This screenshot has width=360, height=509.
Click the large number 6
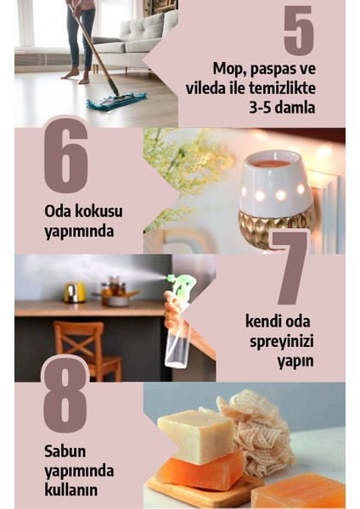[65, 155]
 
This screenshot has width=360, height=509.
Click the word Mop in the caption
[227, 67]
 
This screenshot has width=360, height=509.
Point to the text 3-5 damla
[279, 108]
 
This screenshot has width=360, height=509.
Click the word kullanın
[71, 489]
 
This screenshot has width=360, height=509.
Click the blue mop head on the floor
[116, 103]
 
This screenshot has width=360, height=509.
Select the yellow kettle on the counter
[75, 292]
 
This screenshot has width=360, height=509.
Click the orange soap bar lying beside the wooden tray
[299, 490]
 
